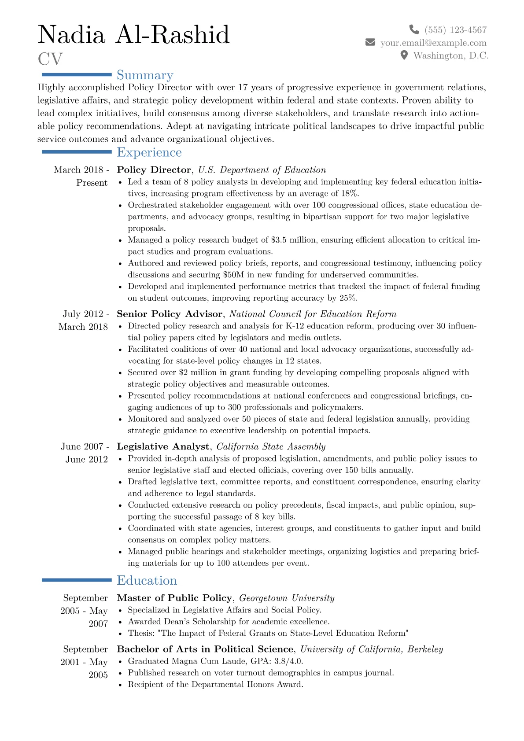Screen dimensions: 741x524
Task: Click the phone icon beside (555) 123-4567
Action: [x=414, y=29]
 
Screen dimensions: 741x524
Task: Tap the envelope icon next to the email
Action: [x=370, y=43]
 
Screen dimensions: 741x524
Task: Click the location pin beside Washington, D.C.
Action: [x=404, y=55]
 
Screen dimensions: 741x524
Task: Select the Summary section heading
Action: [x=145, y=75]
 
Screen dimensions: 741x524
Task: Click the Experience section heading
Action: [x=149, y=152]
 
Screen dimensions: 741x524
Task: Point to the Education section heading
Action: [x=147, y=581]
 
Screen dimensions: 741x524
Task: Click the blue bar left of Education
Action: [x=77, y=580]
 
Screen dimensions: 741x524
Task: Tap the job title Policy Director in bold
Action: [x=154, y=170]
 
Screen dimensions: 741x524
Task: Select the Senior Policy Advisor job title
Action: [x=170, y=314]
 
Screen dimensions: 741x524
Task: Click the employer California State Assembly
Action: [x=271, y=446]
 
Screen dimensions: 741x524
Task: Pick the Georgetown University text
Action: [x=287, y=598]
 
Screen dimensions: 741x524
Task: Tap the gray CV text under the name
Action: [x=50, y=59]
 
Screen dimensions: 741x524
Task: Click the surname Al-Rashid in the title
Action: [x=172, y=35]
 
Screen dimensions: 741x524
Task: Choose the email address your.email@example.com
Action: [x=433, y=43]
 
